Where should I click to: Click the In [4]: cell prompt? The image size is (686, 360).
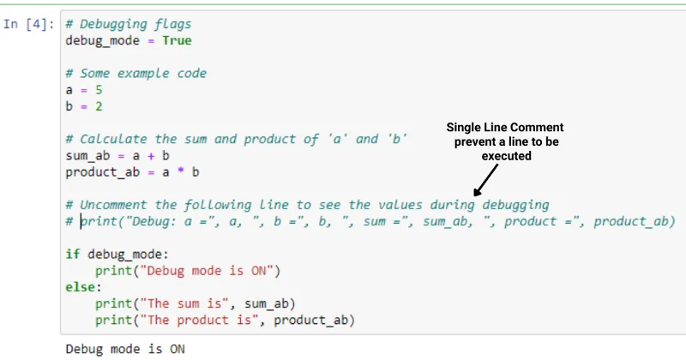point(28,24)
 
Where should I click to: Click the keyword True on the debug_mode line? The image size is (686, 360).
point(177,40)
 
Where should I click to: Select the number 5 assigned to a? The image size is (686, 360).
point(99,90)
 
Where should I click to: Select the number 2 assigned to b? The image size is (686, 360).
point(99,106)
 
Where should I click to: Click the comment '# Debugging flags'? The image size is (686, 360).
point(128,24)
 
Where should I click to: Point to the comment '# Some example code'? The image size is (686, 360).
point(136,74)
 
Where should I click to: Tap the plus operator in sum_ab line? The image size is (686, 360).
point(151,156)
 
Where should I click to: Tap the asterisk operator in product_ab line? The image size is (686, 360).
point(180,171)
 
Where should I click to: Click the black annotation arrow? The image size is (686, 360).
point(485,180)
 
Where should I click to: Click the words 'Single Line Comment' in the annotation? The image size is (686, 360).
point(505,128)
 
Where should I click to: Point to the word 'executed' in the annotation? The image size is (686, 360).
point(506,156)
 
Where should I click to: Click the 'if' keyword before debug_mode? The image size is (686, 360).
point(73,255)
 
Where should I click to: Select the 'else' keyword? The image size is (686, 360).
point(81,287)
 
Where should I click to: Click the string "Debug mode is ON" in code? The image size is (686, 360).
point(207,271)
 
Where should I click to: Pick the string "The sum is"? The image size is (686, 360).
point(184,303)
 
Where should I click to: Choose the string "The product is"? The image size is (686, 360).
point(199,321)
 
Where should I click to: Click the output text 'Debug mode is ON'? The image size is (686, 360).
point(125,349)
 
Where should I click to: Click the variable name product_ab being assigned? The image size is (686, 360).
point(103,172)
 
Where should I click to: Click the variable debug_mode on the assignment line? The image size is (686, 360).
point(103,40)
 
